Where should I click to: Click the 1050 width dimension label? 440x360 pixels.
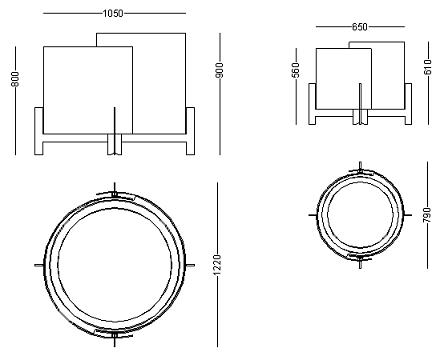click(113, 13)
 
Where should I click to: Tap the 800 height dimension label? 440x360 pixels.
click(15, 79)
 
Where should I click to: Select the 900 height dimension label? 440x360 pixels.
click(220, 70)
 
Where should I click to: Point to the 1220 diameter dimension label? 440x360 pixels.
click(217, 265)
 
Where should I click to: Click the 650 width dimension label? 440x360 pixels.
click(360, 26)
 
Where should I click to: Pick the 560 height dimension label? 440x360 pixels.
click(296, 70)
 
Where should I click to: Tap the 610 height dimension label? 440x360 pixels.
click(428, 67)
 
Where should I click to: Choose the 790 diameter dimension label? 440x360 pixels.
click(428, 215)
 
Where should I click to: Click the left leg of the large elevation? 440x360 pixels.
click(39, 131)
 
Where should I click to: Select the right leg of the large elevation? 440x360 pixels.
click(190, 131)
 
